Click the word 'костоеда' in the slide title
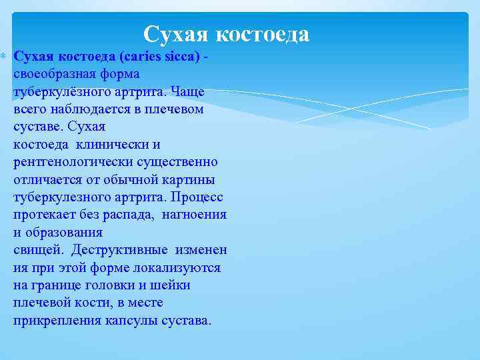click(x=265, y=33)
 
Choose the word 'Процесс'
click(x=197, y=197)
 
